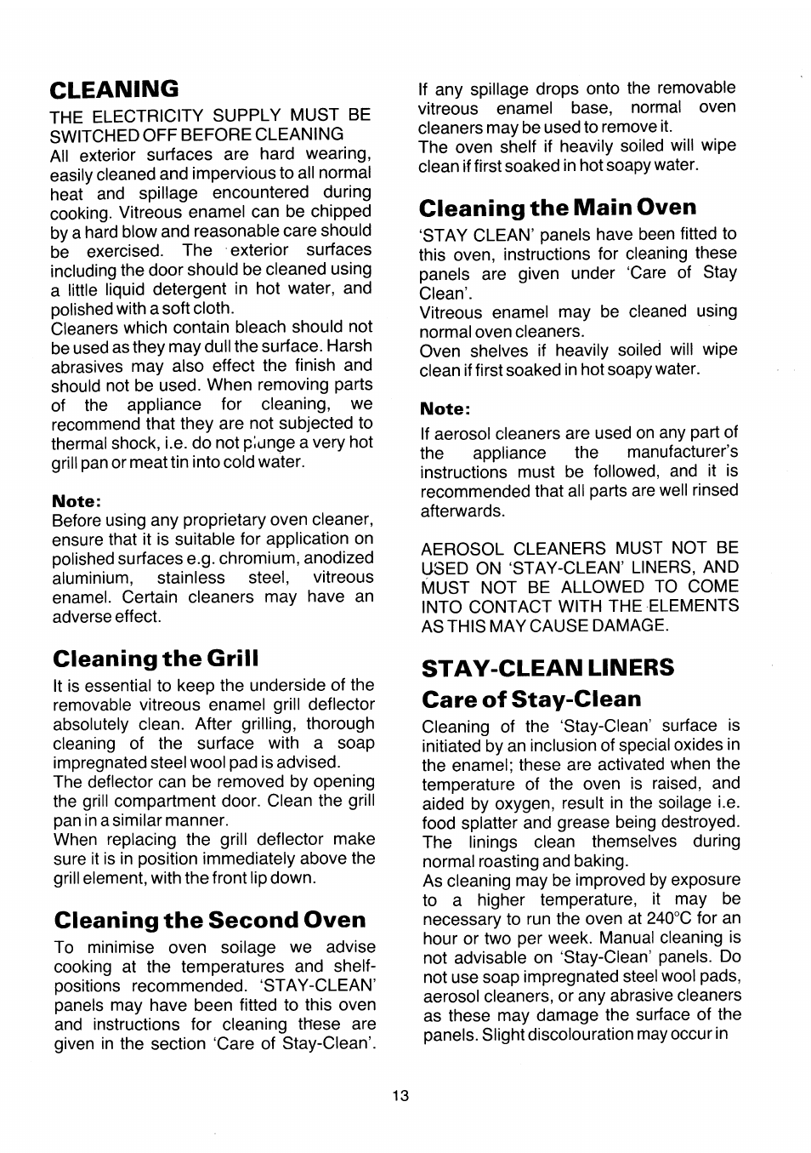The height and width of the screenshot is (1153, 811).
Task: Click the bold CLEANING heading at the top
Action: (x=114, y=88)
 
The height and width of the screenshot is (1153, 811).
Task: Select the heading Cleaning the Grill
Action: (x=155, y=658)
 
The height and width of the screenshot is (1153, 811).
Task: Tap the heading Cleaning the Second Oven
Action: (x=209, y=920)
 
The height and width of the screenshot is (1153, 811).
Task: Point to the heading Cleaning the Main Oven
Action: (x=557, y=208)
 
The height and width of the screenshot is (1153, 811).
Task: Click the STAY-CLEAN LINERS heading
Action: (x=547, y=667)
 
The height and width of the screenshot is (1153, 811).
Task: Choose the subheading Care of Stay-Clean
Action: (x=531, y=699)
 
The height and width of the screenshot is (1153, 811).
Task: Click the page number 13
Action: (x=400, y=1096)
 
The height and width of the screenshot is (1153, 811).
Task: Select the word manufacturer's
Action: (x=683, y=452)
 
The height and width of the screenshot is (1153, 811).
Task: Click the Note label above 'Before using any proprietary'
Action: (x=77, y=500)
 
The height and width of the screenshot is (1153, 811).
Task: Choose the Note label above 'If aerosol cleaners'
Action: (x=445, y=409)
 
